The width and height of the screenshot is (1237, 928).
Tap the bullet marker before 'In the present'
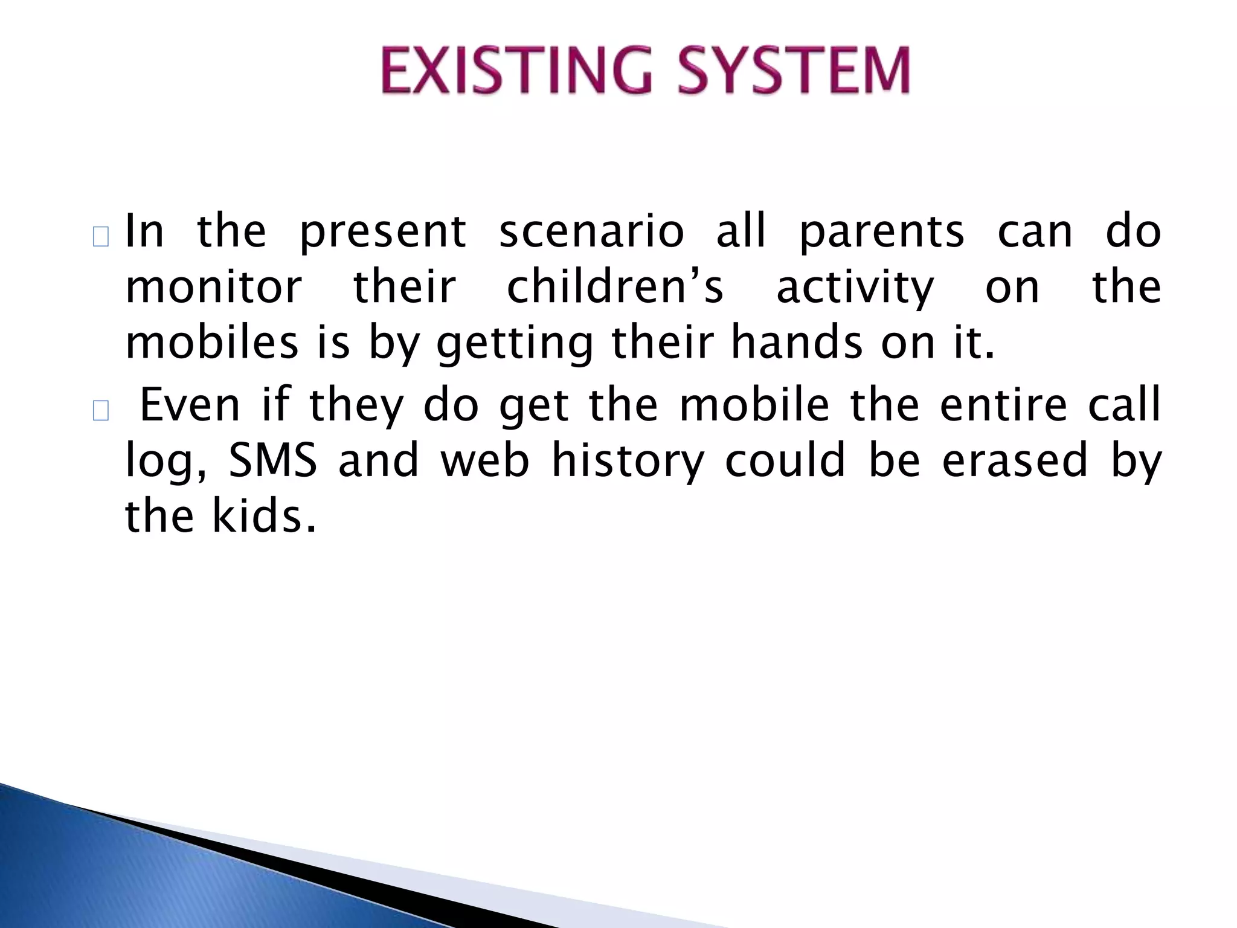[101, 237]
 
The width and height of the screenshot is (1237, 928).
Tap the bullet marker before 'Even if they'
[101, 411]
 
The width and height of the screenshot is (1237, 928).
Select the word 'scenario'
[591, 232]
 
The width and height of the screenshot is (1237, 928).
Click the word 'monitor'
[213, 288]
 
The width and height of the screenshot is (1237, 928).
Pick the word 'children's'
[614, 288]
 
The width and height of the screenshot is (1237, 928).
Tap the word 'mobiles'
[211, 343]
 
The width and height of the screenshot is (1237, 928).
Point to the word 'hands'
[797, 343]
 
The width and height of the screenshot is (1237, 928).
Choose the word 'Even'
[190, 405]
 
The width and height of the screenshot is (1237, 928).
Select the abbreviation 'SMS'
[273, 460]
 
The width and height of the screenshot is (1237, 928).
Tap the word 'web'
[485, 460]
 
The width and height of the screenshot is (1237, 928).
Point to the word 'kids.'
[264, 517]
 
